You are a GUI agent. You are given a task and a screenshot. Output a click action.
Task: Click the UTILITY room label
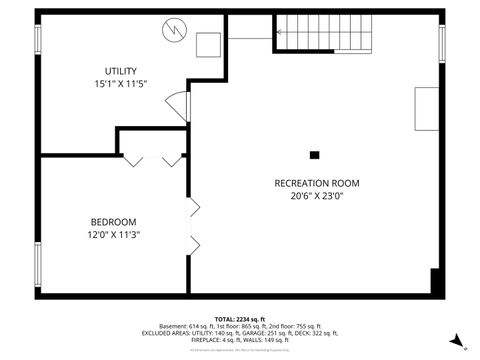(x=121, y=70)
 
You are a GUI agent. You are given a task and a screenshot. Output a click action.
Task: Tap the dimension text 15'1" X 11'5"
(x=121, y=84)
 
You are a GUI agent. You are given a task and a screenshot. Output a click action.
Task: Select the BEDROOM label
(x=113, y=221)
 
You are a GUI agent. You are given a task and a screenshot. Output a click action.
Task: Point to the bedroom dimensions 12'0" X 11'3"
(x=113, y=235)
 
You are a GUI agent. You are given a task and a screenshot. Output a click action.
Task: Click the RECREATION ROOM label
(x=317, y=183)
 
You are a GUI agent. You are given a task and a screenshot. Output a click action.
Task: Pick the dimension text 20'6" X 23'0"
(x=317, y=197)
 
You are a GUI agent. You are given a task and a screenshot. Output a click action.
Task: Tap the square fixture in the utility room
(x=209, y=46)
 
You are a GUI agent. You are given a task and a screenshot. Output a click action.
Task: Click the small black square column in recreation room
(x=315, y=155)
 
